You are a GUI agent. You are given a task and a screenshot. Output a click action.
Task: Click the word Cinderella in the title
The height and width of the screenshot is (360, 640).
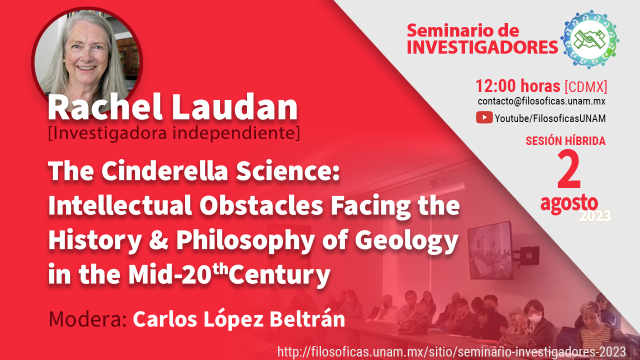pyautogui.click(x=165, y=171)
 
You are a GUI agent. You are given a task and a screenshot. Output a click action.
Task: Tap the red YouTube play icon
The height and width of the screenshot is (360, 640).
pyautogui.click(x=484, y=117)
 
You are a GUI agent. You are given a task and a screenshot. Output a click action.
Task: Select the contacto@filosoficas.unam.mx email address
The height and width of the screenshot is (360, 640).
pyautogui.click(x=541, y=101)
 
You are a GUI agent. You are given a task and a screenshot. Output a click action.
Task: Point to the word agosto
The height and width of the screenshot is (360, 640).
pyautogui.click(x=569, y=204)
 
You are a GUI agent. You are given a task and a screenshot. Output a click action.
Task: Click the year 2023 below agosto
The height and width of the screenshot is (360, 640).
pyautogui.click(x=595, y=216)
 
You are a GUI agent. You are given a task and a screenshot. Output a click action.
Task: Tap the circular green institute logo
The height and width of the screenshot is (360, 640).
pyautogui.click(x=589, y=39)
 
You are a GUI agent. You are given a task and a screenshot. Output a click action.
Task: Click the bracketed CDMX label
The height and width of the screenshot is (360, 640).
pyautogui.click(x=586, y=86)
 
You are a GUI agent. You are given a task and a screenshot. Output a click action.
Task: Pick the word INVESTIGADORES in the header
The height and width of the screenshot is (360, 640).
pyautogui.click(x=482, y=47)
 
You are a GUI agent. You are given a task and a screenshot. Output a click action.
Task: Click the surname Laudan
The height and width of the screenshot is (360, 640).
pyautogui.click(x=234, y=107)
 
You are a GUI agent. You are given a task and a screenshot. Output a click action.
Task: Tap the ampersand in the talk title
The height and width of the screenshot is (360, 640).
pyautogui.click(x=158, y=239)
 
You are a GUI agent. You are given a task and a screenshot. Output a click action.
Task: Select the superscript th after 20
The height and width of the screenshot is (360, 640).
pyautogui.click(x=220, y=269)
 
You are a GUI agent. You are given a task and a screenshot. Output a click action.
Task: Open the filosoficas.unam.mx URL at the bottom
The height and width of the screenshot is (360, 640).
pyautogui.click(x=451, y=351)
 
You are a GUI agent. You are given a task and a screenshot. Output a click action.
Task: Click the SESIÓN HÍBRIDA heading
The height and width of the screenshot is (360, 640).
pyautogui.click(x=565, y=141)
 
